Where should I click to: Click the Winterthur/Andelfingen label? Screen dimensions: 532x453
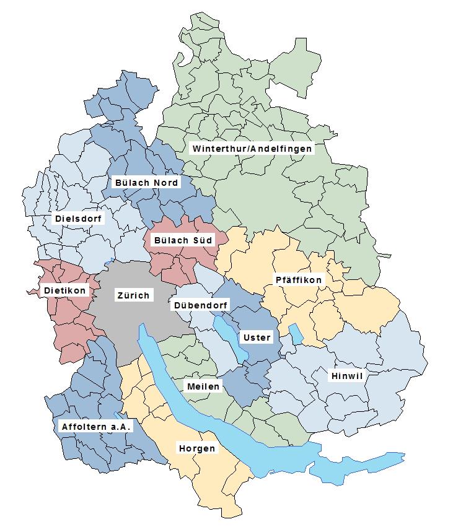pyautogui.click(x=252, y=149)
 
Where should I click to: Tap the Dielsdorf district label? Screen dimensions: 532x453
pyautogui.click(x=79, y=219)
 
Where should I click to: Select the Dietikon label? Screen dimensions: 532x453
pyautogui.click(x=64, y=290)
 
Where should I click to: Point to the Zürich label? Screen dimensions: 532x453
pyautogui.click(x=133, y=295)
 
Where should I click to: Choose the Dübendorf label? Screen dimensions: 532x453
pyautogui.click(x=200, y=305)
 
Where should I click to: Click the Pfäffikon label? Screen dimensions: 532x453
pyautogui.click(x=299, y=280)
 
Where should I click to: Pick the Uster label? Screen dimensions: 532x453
pyautogui.click(x=257, y=338)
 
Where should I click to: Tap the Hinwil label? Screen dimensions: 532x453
pyautogui.click(x=346, y=376)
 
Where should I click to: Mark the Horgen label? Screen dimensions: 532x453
pyautogui.click(x=197, y=448)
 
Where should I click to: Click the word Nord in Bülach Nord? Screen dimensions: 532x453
pyautogui.click(x=166, y=183)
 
